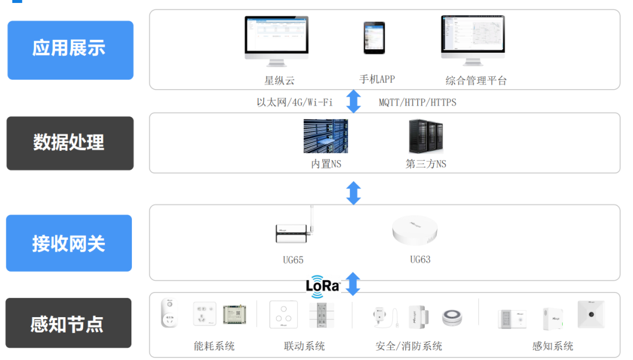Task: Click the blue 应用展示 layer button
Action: pyautogui.click(x=70, y=50)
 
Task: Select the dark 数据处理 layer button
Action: pyautogui.click(x=70, y=143)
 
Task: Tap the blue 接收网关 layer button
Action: pyautogui.click(x=69, y=243)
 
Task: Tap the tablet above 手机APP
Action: pyautogui.click(x=374, y=38)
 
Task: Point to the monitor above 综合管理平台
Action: pyautogui.click(x=472, y=40)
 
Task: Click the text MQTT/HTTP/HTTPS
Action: pyautogui.click(x=417, y=103)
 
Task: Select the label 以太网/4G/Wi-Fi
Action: pyautogui.click(x=294, y=103)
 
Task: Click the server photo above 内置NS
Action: pyautogui.click(x=325, y=137)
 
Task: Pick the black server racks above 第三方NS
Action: pyautogui.click(x=425, y=137)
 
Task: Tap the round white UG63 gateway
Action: pyautogui.click(x=415, y=230)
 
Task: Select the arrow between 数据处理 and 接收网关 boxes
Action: pyautogui.click(x=353, y=193)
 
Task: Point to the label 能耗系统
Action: pyautogui.click(x=214, y=347)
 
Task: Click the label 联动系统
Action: pyautogui.click(x=304, y=347)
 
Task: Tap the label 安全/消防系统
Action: pyautogui.click(x=409, y=347)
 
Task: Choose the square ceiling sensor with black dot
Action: pyautogui.click(x=590, y=315)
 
